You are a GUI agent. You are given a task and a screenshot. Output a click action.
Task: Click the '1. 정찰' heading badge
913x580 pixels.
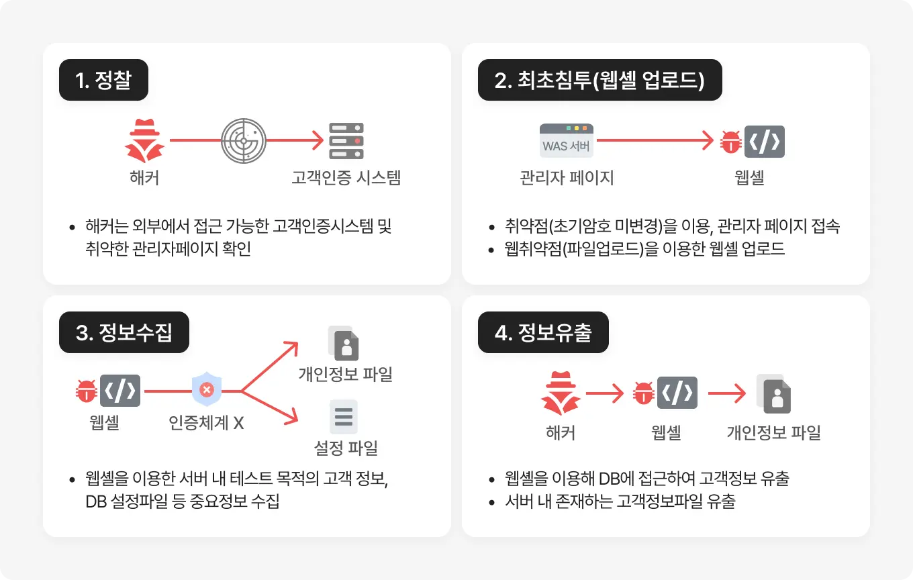[103, 81]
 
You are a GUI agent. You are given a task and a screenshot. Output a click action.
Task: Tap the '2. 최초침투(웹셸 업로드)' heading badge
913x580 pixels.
[599, 81]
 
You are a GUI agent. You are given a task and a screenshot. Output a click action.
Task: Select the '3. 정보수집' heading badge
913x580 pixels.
[124, 332]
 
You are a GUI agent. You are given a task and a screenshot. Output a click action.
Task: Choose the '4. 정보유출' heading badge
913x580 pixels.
[542, 332]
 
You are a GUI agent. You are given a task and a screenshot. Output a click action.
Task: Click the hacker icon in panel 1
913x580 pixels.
[144, 141]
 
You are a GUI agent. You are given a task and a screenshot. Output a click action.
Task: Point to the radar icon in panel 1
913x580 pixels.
[242, 141]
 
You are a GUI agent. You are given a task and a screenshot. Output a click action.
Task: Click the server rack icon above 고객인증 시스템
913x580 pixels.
[346, 141]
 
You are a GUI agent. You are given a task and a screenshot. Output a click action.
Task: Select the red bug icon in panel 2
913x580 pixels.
[730, 142]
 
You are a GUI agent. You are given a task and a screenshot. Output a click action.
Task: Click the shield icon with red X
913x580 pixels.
[207, 390]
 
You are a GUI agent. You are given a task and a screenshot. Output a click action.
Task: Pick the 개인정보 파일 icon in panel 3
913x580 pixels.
[344, 343]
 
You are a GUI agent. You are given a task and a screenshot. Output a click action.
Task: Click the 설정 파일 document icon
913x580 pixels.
[344, 417]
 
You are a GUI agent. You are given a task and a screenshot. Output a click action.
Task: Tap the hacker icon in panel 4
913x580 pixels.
[560, 394]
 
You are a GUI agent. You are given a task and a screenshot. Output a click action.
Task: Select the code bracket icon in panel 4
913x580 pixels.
[677, 393]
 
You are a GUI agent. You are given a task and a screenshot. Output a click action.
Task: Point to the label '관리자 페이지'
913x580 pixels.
[567, 178]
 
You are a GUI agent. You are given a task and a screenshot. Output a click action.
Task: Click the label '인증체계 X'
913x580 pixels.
[206, 423]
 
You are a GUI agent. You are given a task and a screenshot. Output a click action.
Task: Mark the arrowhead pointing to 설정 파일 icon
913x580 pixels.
[291, 419]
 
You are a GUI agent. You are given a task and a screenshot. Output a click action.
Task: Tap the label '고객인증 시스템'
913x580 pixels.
[346, 178]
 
